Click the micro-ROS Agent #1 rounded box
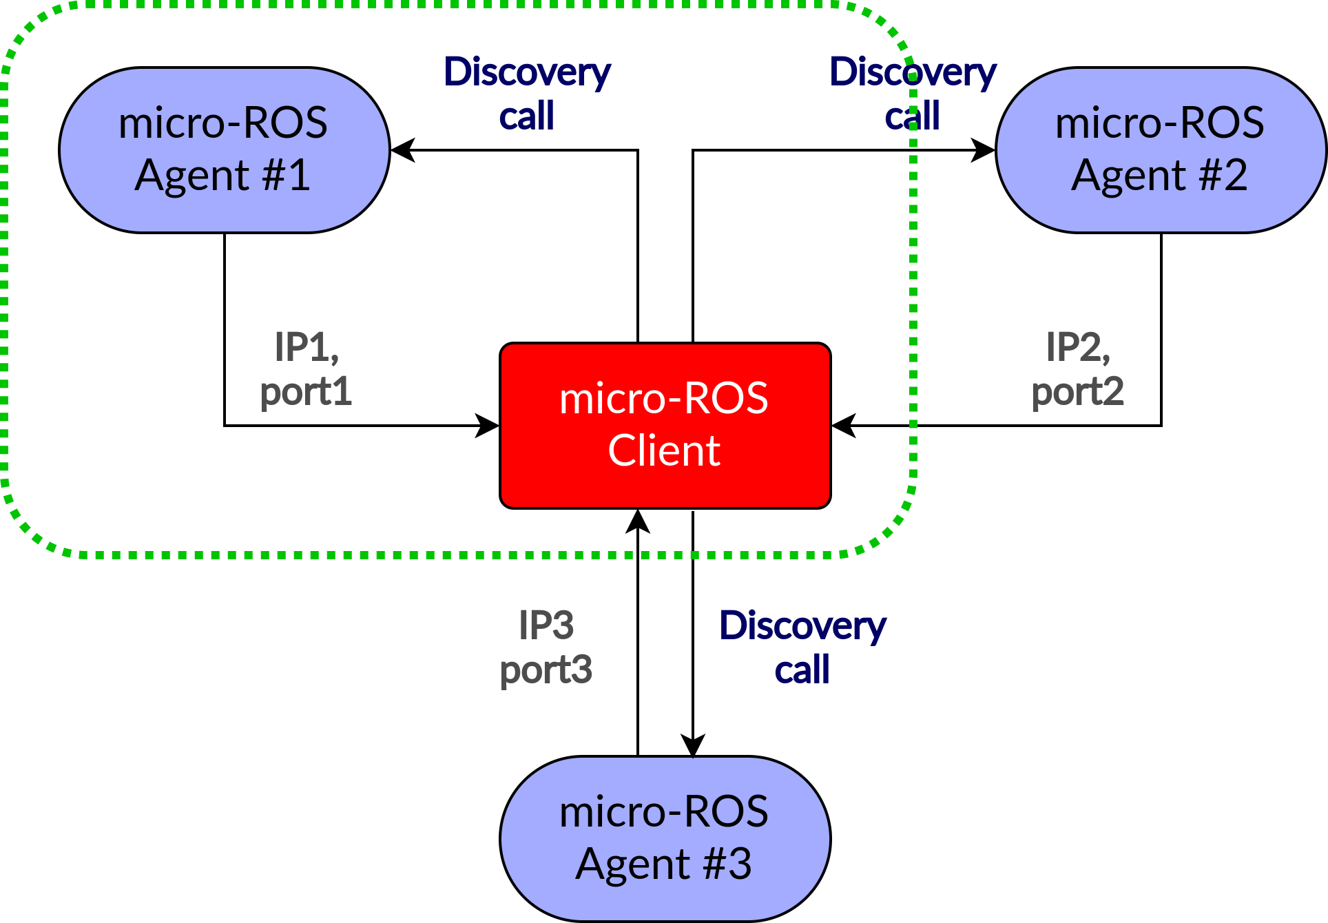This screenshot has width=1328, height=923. coord(224,149)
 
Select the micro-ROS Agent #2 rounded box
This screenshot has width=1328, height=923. coord(1160,149)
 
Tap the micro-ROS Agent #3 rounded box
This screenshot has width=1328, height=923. coord(665,838)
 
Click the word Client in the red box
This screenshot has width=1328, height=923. coord(664,451)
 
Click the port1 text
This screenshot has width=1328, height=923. coord(306,392)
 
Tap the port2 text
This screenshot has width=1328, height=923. coord(1077,392)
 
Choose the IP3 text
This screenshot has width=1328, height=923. coord(546,625)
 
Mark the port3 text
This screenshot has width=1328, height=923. coord(546,670)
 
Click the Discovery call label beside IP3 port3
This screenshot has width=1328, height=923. coord(802,647)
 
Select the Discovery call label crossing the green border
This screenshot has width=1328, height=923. coord(913,94)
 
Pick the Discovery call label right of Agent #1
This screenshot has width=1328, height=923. coord(527,94)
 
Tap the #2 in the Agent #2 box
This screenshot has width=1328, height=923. coord(1223,176)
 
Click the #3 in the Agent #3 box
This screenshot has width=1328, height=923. coord(727,864)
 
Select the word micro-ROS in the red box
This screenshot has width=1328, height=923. coord(664,399)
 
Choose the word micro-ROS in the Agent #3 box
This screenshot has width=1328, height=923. coord(664,812)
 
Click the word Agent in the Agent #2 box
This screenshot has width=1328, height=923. coord(1128,176)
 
